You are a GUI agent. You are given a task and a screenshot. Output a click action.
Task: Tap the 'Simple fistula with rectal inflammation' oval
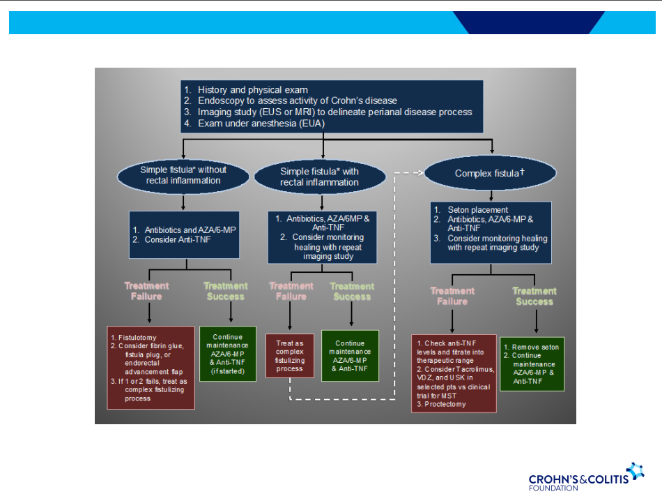319,177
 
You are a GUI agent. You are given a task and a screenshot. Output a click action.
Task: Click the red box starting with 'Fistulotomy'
150,367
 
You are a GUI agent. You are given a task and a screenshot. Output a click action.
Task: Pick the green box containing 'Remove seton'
532,364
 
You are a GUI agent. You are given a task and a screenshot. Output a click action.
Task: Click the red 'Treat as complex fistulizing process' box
290,355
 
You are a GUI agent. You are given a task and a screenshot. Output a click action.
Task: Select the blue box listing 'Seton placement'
491,232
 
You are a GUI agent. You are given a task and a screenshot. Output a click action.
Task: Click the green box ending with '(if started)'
227,354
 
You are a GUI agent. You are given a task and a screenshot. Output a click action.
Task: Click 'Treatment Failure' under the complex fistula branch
452,296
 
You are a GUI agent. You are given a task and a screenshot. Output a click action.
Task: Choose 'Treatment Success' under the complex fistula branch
534,296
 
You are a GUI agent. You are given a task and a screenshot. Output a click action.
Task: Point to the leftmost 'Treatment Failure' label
146,291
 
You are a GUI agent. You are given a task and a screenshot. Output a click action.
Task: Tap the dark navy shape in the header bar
530,22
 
